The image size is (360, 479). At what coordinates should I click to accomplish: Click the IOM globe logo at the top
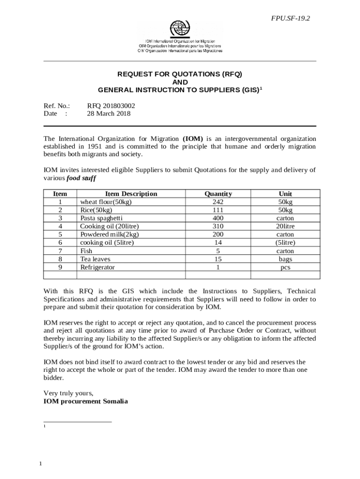tap(180, 29)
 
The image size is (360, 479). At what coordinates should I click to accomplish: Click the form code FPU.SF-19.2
tap(291, 18)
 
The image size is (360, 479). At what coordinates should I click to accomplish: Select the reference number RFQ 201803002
tap(111, 106)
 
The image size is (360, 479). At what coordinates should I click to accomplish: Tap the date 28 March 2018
tap(109, 114)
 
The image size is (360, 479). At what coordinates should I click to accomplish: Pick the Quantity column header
tap(218, 194)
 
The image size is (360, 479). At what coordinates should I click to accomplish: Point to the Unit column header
tap(285, 194)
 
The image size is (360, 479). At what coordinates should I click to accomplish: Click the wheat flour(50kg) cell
tap(106, 202)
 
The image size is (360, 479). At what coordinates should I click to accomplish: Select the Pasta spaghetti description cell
tap(101, 218)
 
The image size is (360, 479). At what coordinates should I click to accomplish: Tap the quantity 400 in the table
tap(218, 218)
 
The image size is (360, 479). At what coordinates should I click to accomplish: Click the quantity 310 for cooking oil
tap(218, 226)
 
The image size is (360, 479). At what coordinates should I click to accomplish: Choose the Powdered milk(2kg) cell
tap(109, 234)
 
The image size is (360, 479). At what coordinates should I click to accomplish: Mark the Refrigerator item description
tap(97, 267)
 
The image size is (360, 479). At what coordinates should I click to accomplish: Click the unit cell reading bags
tap(285, 259)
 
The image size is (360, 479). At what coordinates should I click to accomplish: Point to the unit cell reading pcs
tap(285, 268)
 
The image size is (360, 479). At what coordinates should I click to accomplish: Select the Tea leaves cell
tap(95, 259)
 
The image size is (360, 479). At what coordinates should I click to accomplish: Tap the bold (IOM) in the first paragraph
tap(193, 139)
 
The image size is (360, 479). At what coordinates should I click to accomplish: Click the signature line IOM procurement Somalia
tap(86, 401)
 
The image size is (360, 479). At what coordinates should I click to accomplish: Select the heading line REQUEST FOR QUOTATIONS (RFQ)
tap(180, 74)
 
